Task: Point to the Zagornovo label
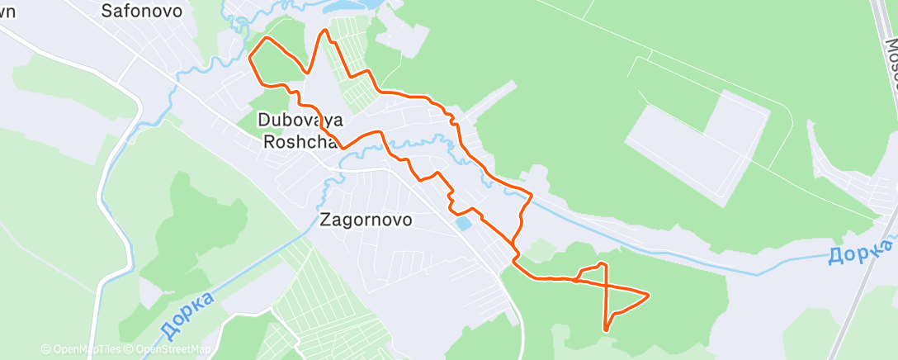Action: (x=366, y=220)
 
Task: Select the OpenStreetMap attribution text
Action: (x=168, y=350)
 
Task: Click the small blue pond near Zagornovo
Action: (x=463, y=223)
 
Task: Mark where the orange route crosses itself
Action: (x=608, y=285)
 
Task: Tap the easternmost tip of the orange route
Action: (x=649, y=294)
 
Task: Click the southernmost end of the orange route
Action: (x=607, y=330)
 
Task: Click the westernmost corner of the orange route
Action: (x=249, y=56)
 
